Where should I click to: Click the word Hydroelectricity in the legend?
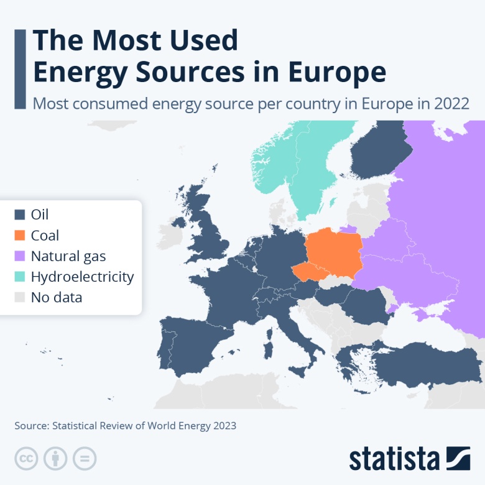[x=82, y=277]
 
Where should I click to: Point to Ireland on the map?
[x=179, y=222]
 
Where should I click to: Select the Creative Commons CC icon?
[x=26, y=459]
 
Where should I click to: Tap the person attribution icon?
[x=55, y=459]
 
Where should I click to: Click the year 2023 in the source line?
[x=223, y=426]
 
